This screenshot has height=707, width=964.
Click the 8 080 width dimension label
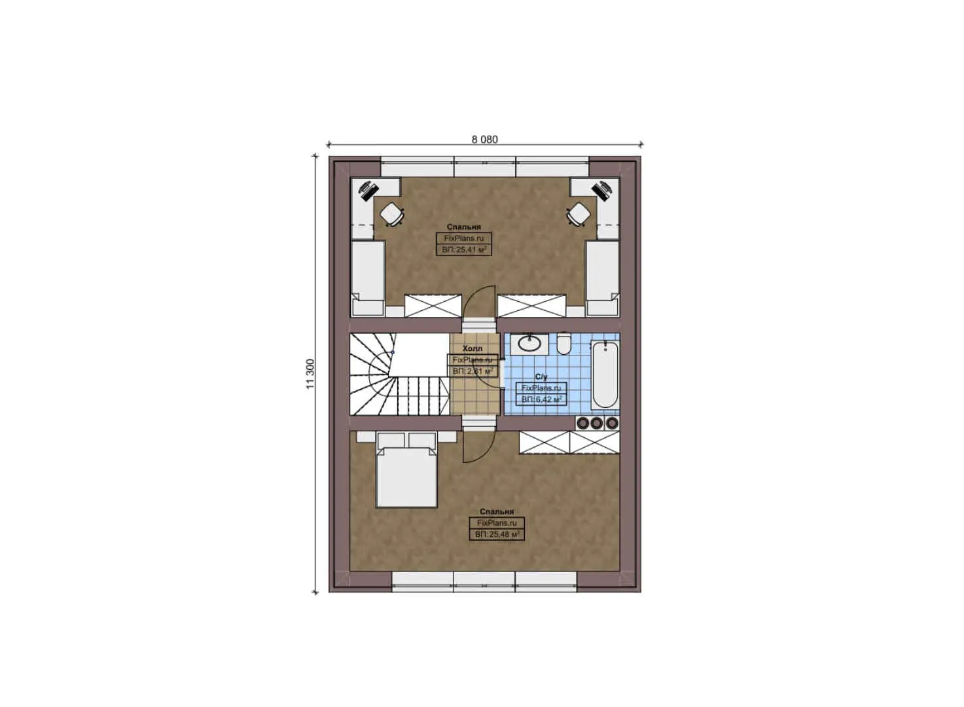(484, 139)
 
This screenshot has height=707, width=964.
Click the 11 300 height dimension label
(310, 374)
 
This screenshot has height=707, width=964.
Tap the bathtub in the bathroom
(604, 374)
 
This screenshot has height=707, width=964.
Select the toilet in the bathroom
(563, 343)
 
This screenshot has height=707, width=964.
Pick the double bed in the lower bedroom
(406, 475)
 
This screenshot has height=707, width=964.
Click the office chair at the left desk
(391, 213)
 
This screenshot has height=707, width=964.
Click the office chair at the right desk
(579, 213)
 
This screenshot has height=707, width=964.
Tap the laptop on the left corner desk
(368, 190)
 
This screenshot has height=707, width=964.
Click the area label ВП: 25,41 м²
(463, 249)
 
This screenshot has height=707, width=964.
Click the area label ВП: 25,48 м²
(497, 534)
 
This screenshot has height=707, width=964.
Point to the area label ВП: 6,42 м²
(541, 399)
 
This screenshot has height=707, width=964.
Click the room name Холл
(472, 348)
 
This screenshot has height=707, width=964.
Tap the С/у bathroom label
(541, 376)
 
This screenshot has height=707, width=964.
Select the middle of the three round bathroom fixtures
(596, 423)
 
